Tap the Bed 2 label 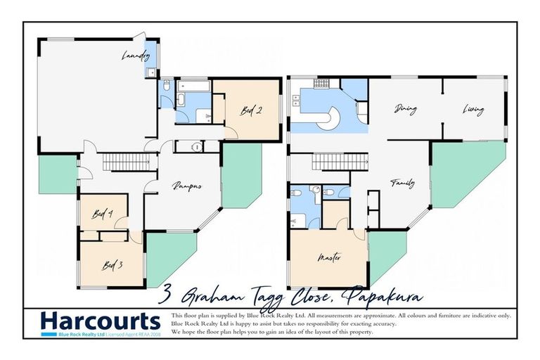coord(252,110)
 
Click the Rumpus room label coord(188,186)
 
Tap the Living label coord(473,109)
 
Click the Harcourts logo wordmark coord(101,321)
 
